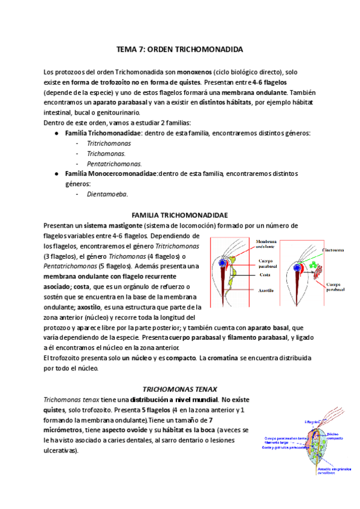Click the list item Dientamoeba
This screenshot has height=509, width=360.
click(x=107, y=194)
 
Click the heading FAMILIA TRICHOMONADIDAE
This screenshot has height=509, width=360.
click(x=179, y=215)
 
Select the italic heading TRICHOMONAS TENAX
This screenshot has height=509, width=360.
click(x=179, y=388)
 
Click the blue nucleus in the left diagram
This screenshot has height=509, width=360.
click(x=224, y=263)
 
